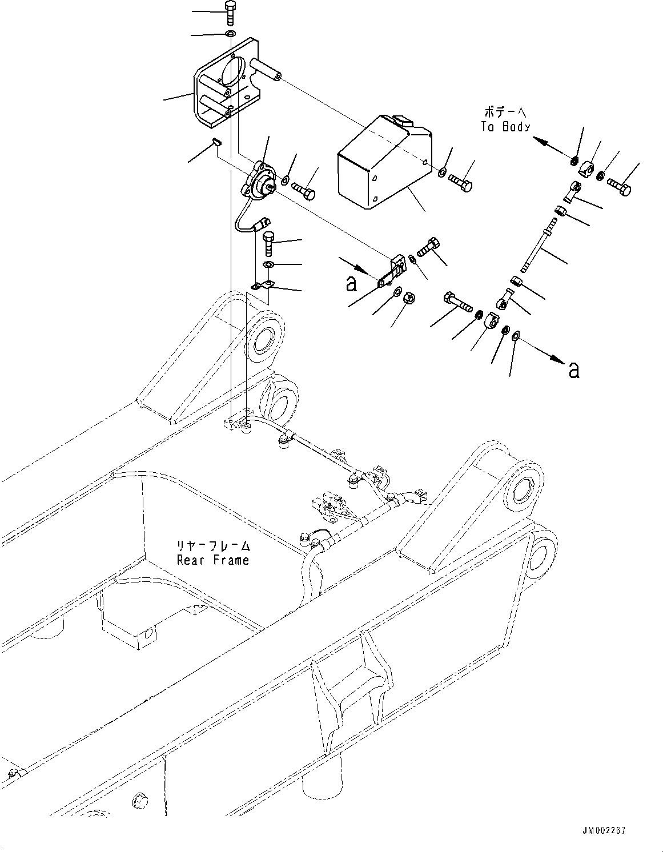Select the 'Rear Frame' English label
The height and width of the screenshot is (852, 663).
click(212, 560)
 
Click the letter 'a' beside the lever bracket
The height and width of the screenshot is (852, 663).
click(351, 283)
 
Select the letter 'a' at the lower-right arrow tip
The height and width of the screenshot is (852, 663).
click(573, 370)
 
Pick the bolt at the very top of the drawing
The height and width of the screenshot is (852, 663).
click(230, 12)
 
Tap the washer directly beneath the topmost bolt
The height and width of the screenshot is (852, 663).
click(230, 35)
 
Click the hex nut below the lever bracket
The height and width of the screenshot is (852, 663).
click(409, 298)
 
